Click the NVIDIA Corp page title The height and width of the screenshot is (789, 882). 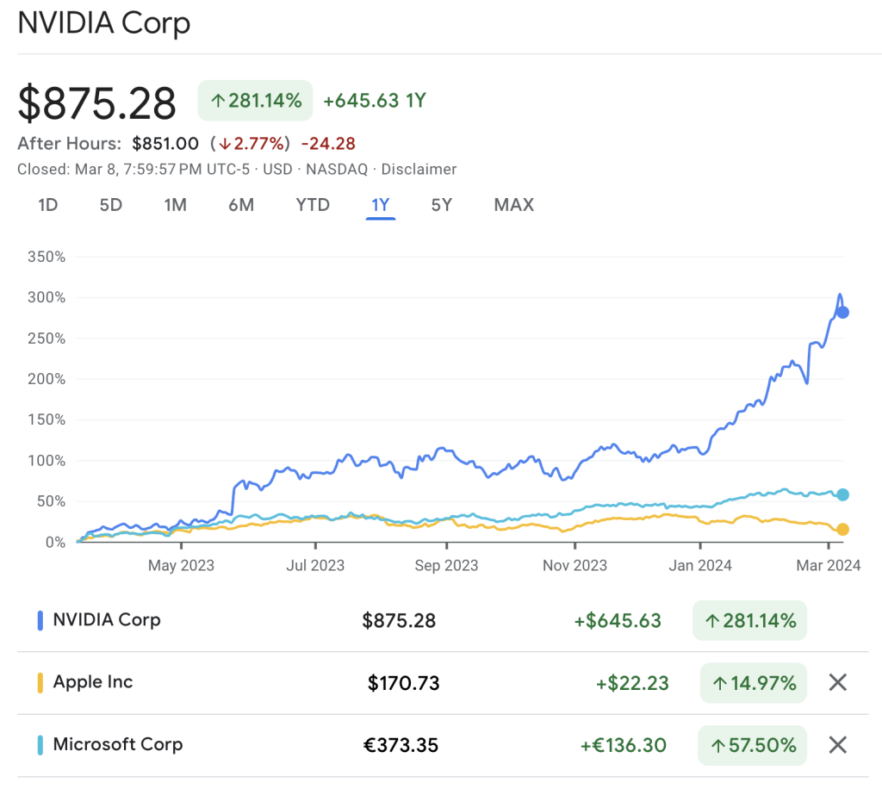click(x=103, y=23)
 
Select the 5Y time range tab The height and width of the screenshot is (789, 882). click(x=442, y=205)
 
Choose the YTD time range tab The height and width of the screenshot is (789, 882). click(x=313, y=205)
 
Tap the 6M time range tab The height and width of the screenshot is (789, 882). click(x=241, y=205)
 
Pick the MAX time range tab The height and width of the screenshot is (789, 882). click(x=513, y=205)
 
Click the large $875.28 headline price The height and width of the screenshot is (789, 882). click(x=97, y=103)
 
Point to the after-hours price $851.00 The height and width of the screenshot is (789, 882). click(x=165, y=144)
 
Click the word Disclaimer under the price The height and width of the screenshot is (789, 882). click(x=419, y=170)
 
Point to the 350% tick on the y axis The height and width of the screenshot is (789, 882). click(x=47, y=257)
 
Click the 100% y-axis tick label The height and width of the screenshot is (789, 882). click(x=47, y=461)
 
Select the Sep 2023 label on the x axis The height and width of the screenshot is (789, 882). click(x=446, y=566)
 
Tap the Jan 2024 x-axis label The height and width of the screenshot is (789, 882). click(x=701, y=566)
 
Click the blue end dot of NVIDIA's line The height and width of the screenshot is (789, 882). click(x=843, y=312)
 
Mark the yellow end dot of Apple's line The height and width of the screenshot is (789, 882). click(x=843, y=529)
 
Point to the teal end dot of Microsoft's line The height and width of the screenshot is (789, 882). click(x=843, y=494)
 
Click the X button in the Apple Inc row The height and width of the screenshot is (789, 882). click(x=838, y=683)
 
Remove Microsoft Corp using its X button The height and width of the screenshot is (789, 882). click(x=838, y=745)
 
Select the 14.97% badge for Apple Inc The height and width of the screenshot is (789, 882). click(x=753, y=683)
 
